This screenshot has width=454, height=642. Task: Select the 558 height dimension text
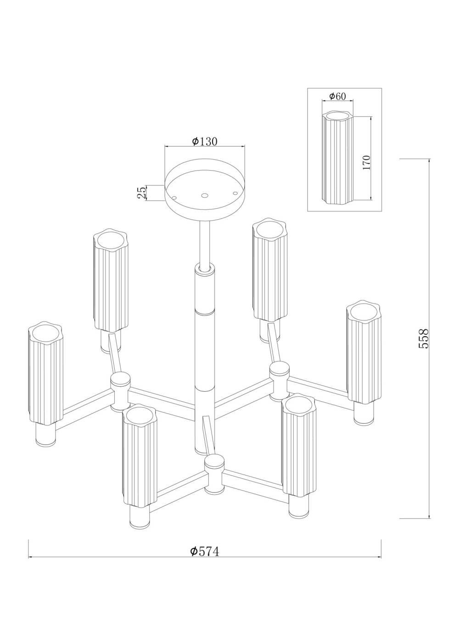point(423,338)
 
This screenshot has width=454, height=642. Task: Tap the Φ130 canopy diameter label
point(205,141)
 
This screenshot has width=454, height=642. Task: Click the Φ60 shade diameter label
point(337,96)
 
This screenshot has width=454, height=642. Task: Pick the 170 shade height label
point(366,163)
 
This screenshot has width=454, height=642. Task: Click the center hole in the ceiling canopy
point(204,195)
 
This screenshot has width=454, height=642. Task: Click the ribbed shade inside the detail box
point(337,158)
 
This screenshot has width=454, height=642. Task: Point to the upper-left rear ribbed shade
point(111,281)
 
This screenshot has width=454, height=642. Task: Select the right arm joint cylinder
point(279,381)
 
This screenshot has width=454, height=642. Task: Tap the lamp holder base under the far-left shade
point(45,434)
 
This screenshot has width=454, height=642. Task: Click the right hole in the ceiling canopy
point(235,193)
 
